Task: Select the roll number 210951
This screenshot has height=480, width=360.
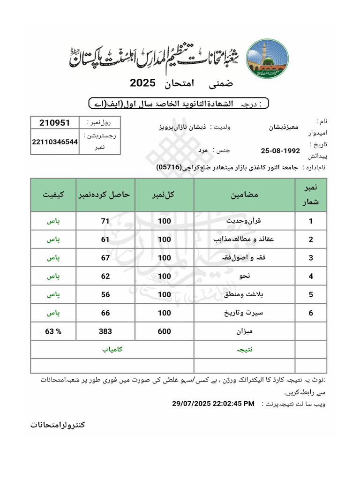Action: (x=54, y=123)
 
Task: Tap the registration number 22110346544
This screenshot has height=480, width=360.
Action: (x=55, y=142)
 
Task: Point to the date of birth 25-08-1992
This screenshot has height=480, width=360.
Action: (x=280, y=150)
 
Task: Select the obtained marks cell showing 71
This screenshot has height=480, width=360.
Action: (x=105, y=221)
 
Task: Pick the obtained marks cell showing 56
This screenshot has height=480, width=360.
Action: (x=105, y=294)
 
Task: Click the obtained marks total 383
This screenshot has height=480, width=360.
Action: (x=105, y=331)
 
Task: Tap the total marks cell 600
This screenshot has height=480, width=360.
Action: (x=165, y=331)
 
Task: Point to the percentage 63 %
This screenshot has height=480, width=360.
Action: (x=53, y=331)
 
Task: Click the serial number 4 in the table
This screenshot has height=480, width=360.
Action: (x=310, y=276)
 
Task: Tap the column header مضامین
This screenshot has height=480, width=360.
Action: (x=244, y=195)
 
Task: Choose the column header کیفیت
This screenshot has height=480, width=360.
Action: (x=54, y=195)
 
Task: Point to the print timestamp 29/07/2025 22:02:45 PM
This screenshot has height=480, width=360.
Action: (x=213, y=403)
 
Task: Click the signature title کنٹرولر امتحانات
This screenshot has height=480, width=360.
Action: (x=58, y=425)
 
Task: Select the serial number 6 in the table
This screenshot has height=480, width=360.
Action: (x=310, y=313)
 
